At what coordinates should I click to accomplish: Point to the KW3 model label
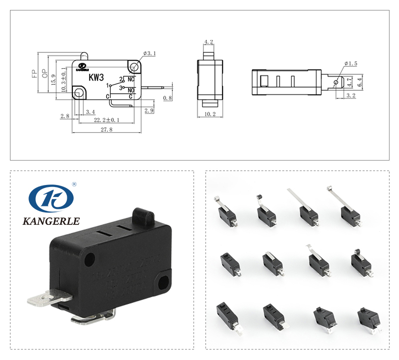pyautogui.click(x=96, y=78)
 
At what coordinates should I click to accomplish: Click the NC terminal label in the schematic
pyautogui.click(x=132, y=79)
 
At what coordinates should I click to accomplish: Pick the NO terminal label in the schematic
pyautogui.click(x=132, y=90)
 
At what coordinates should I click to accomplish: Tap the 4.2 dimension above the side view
pyautogui.click(x=209, y=42)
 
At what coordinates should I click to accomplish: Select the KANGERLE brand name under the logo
pyautogui.click(x=51, y=221)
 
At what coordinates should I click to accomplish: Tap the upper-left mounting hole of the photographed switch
pyautogui.click(x=90, y=259)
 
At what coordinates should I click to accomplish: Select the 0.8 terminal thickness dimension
pyautogui.click(x=168, y=98)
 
